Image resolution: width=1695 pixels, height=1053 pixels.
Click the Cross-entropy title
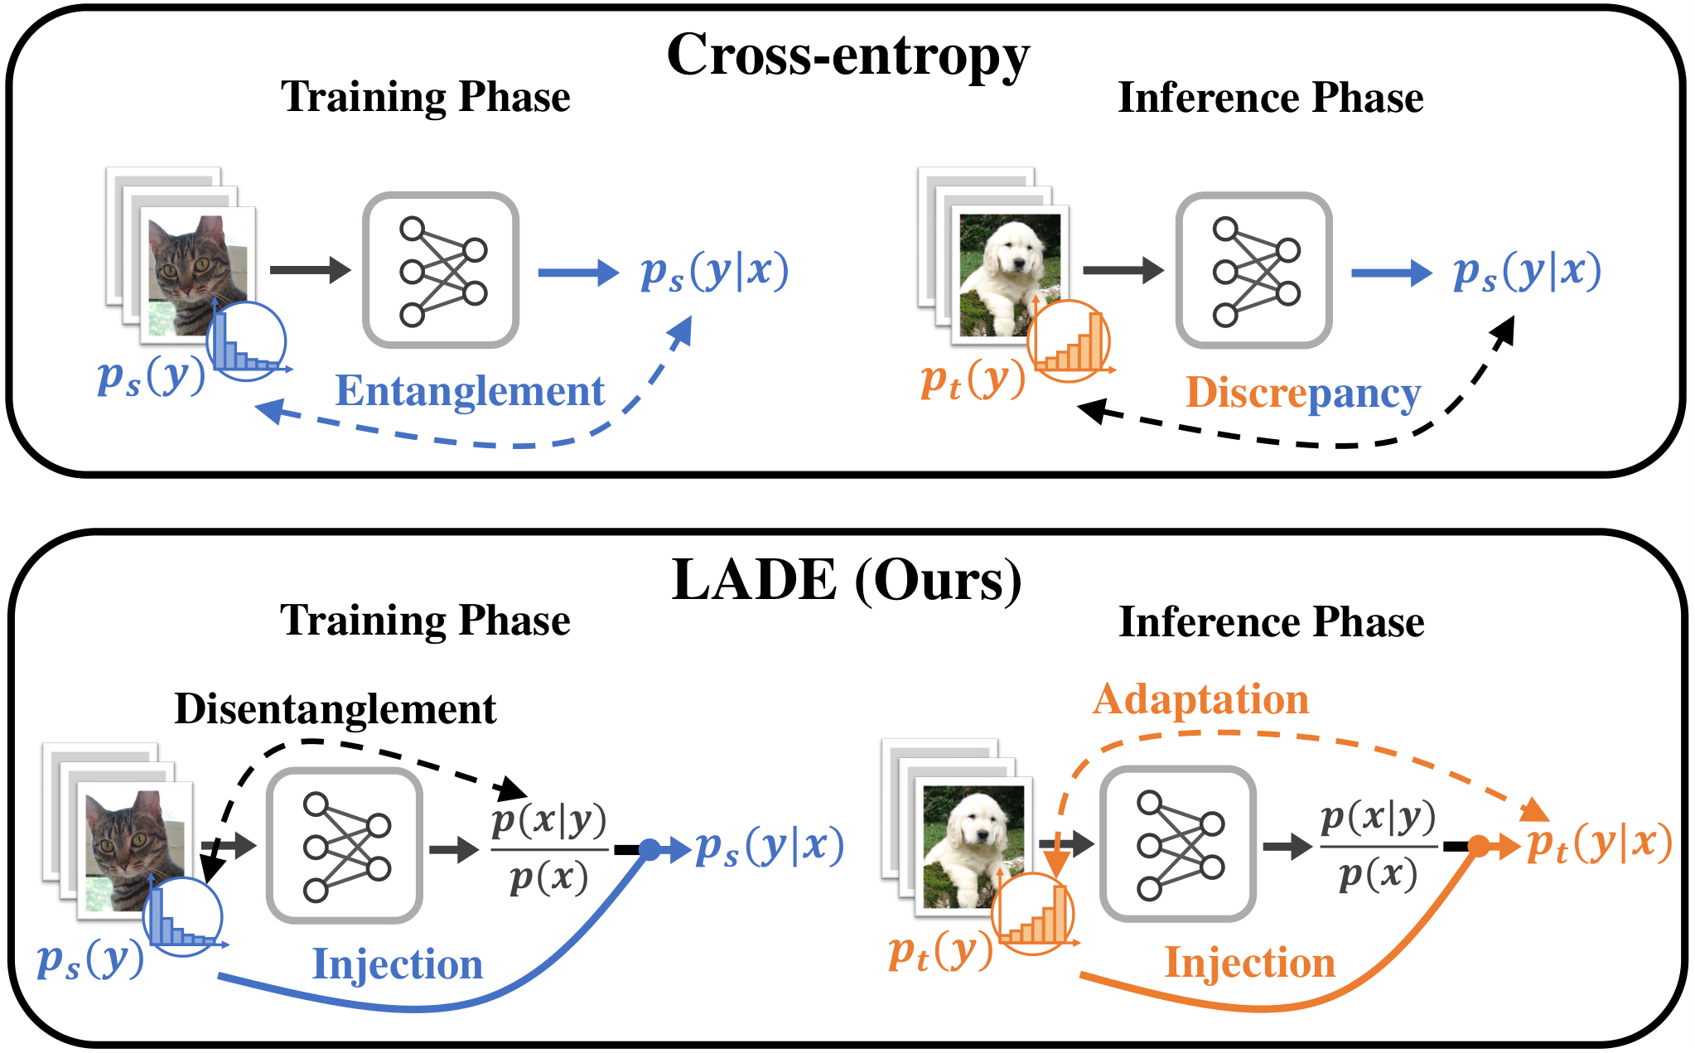pyautogui.click(x=847, y=57)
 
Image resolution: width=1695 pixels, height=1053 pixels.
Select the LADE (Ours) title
pyautogui.click(x=847, y=580)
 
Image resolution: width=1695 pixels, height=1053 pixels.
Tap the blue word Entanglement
pyautogui.click(x=470, y=391)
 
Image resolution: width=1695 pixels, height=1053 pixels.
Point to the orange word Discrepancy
pyautogui.click(x=1303, y=393)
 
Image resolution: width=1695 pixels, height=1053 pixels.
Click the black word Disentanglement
pyautogui.click(x=336, y=709)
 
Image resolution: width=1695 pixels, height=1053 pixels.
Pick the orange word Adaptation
pyautogui.click(x=1200, y=700)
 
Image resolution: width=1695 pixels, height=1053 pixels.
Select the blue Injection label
pyautogui.click(x=398, y=964)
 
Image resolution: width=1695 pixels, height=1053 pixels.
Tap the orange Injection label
pyautogui.click(x=1250, y=963)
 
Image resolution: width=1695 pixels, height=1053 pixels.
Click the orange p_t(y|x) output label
pyautogui.click(x=1599, y=844)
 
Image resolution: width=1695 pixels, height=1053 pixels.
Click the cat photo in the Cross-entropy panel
pyautogui.click(x=198, y=275)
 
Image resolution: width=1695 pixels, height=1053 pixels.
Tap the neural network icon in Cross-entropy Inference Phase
pyautogui.click(x=1253, y=270)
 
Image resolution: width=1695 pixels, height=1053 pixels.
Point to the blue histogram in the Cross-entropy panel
pyautogui.click(x=247, y=341)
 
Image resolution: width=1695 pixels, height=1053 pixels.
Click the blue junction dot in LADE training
pyautogui.click(x=650, y=849)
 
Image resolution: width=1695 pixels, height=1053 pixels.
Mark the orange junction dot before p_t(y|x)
pyautogui.click(x=1479, y=846)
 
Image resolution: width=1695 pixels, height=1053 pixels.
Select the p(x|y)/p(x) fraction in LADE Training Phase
pyautogui.click(x=549, y=848)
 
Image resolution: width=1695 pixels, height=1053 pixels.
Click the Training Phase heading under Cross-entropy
pyautogui.click(x=426, y=97)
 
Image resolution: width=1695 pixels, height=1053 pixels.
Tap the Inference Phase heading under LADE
pyautogui.click(x=1272, y=621)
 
